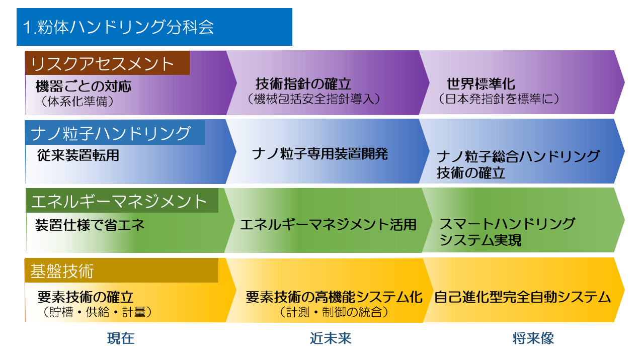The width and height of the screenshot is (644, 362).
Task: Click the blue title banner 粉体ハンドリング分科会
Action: pyautogui.click(x=154, y=27)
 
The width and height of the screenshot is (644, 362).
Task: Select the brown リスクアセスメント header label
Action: pyautogui.click(x=107, y=63)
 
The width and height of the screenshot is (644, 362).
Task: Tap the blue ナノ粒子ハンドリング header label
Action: pyautogui.click(x=115, y=132)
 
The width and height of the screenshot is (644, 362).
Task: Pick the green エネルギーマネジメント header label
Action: pyautogui.click(x=122, y=201)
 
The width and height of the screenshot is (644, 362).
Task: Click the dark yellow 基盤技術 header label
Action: pyautogui.click(x=122, y=270)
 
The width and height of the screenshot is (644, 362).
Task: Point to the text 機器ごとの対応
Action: pyautogui.click(x=84, y=86)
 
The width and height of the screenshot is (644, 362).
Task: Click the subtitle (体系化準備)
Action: pyautogui.click(x=77, y=101)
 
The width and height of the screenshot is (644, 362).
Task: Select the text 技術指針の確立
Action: pyautogui.click(x=303, y=84)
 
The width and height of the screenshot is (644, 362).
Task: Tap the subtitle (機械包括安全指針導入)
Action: pyautogui.click(x=313, y=99)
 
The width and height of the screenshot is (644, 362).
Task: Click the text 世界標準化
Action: pyautogui.click(x=481, y=84)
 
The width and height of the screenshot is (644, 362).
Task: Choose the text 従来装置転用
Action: pyautogui.click(x=78, y=155)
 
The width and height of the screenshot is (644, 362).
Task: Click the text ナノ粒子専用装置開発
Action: pyautogui.click(x=320, y=154)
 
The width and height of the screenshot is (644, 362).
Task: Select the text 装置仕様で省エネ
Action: pyautogui.click(x=90, y=225)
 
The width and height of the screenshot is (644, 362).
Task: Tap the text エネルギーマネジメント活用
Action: pyautogui.click(x=328, y=224)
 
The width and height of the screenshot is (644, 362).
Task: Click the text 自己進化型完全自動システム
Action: pyautogui.click(x=522, y=297)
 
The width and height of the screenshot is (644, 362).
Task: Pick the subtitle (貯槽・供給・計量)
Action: pyautogui.click(x=97, y=312)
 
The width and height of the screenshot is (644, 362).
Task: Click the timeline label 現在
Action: pyautogui.click(x=121, y=338)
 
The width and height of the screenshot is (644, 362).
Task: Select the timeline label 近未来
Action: pyautogui.click(x=331, y=338)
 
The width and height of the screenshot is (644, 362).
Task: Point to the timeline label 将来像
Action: pyautogui.click(x=533, y=338)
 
